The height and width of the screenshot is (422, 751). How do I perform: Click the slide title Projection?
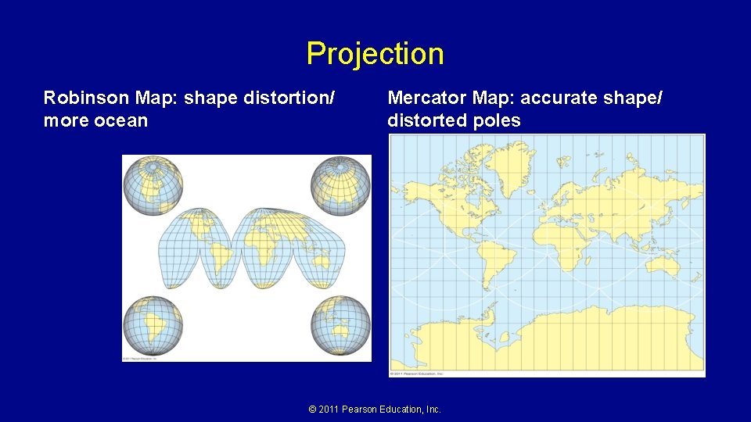pyautogui.click(x=375, y=54)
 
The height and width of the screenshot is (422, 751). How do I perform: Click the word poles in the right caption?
pyautogui.click(x=497, y=121)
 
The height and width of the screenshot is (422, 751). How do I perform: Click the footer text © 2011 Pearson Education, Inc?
pyautogui.click(x=375, y=409)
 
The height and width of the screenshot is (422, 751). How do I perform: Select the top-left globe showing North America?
pyautogui.click(x=153, y=185)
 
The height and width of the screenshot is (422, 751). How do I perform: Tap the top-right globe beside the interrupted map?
pyautogui.click(x=340, y=185)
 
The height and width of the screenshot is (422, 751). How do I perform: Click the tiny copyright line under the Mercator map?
pyautogui.click(x=419, y=374)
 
